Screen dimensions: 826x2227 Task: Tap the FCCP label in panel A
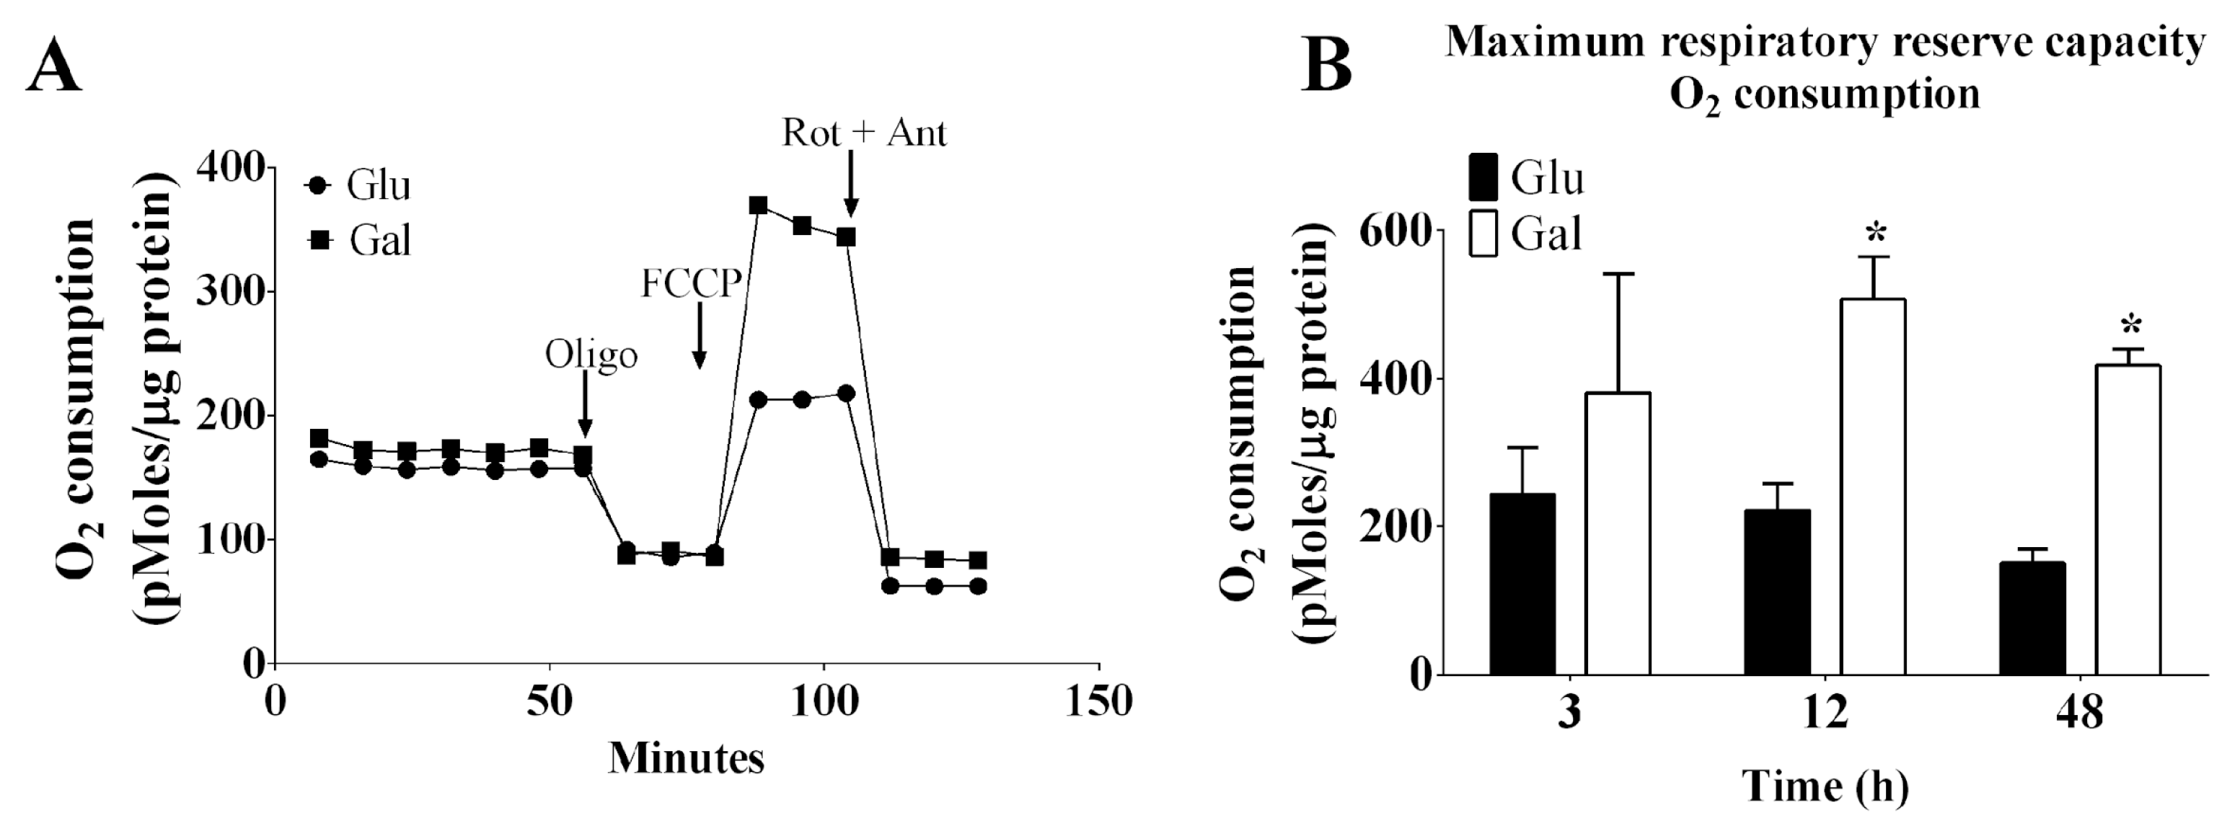pos(690,283)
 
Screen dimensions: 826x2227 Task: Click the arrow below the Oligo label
pos(586,406)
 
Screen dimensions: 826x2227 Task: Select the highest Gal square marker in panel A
pos(758,205)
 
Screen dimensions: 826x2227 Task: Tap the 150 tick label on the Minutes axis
pos(1098,701)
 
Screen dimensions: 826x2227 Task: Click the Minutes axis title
pos(686,758)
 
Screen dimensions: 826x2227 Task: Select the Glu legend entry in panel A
pos(358,185)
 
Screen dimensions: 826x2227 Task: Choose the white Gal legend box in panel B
pos(1483,234)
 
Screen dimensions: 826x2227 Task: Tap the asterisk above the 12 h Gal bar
pos(1875,234)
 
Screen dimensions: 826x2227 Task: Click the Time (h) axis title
pos(1825,786)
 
